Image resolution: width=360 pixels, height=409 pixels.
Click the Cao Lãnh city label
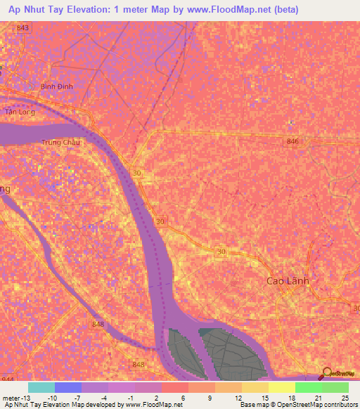[288, 280]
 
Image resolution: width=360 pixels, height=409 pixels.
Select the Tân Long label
[19, 112]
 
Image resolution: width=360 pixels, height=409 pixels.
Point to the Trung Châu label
[60, 142]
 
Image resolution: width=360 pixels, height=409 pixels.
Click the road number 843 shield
[23, 27]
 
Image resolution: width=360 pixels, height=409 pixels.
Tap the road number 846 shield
[292, 142]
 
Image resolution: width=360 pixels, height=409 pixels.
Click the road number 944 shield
[7, 379]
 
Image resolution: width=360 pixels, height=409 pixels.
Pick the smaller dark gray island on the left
[183, 349]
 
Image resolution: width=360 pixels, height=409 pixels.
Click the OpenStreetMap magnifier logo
[327, 373]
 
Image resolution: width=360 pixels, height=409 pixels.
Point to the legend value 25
[344, 398]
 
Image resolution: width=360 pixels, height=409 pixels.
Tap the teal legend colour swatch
[41, 387]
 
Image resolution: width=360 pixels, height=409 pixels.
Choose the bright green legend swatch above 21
[309, 387]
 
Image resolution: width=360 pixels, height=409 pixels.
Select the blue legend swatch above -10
[68, 387]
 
